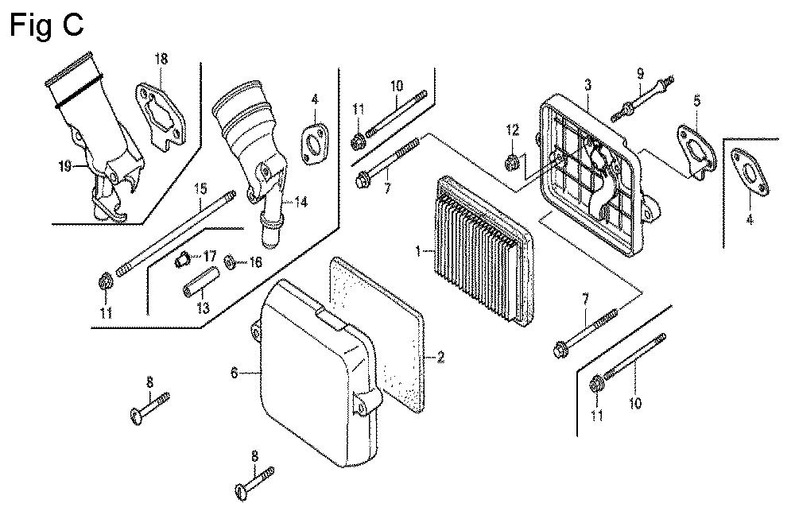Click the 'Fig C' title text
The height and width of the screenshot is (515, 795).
(x=46, y=25)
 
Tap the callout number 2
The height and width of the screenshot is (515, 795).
(x=438, y=358)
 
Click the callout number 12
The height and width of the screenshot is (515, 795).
(x=513, y=130)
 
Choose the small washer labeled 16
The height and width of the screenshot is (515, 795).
(x=230, y=261)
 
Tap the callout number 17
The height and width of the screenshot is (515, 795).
(x=210, y=256)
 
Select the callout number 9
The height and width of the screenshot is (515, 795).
(x=638, y=74)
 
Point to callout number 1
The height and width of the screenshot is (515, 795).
(x=419, y=252)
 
